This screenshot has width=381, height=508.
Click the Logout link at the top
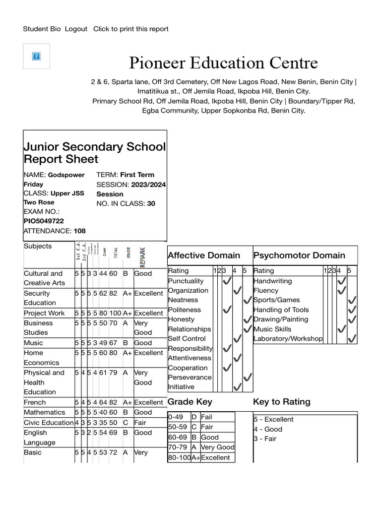coord(76,29)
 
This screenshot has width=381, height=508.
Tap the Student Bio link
coord(42,29)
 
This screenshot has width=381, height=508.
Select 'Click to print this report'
coord(131,29)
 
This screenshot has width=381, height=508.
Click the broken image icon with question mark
coord(36,56)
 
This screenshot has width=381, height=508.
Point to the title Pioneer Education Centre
coord(223,63)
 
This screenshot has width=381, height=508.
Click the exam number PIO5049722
coord(44,221)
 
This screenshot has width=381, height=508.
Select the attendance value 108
coord(79,231)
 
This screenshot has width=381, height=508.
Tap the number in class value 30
coord(151,203)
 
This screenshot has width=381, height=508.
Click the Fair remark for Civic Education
coord(140,423)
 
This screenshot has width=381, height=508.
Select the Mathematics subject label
coord(44,412)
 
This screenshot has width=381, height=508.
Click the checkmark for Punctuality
coord(227,281)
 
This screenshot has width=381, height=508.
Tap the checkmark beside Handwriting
coord(341,281)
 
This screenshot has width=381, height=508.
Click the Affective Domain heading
coord(204,255)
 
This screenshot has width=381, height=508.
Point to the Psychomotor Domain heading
coord(299,255)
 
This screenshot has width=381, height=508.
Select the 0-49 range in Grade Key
coord(176,417)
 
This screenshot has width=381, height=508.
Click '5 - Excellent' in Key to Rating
coord(273,419)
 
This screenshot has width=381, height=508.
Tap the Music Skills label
coord(272,329)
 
